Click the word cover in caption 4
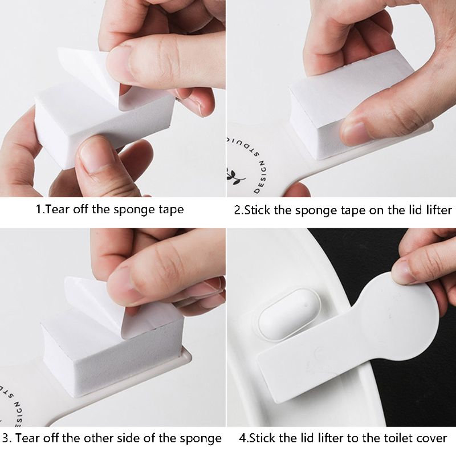433,438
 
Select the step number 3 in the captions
5,438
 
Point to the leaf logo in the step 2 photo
234,174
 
